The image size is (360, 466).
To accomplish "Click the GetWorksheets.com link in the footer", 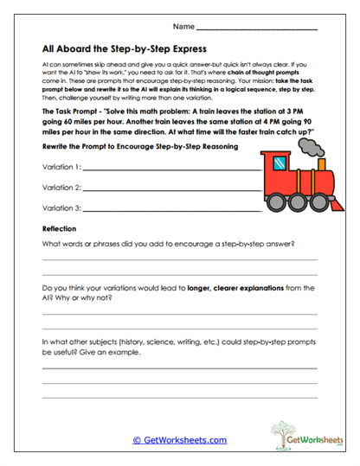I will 179,439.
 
